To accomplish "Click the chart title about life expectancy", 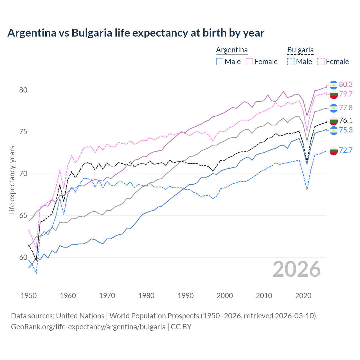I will pos(136,33).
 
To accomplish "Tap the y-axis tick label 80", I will pos(23,90).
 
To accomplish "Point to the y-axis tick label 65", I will pos(23,216).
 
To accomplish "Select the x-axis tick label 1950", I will pos(29,296).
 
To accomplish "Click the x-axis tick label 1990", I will pos(186,296).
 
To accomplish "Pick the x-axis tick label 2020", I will pos(303,296).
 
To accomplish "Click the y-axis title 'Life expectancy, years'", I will pos(12,180).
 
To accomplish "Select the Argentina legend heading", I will pos(232,50).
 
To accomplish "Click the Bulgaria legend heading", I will pos(300,50).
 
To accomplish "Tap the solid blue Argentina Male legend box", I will pos(220,62).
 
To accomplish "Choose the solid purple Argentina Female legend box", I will pos(249,62).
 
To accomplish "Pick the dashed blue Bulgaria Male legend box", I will pos(291,62).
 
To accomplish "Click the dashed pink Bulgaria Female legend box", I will pos(321,62).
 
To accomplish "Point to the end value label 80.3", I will pos(346,84).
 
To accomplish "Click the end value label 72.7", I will pos(346,150).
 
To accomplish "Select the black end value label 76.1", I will pos(346,120).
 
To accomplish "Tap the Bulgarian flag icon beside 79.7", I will pos(334,94).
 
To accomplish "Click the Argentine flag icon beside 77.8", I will pos(334,108).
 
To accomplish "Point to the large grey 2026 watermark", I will pos(297,269).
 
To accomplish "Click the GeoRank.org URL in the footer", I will pos(88,327).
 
